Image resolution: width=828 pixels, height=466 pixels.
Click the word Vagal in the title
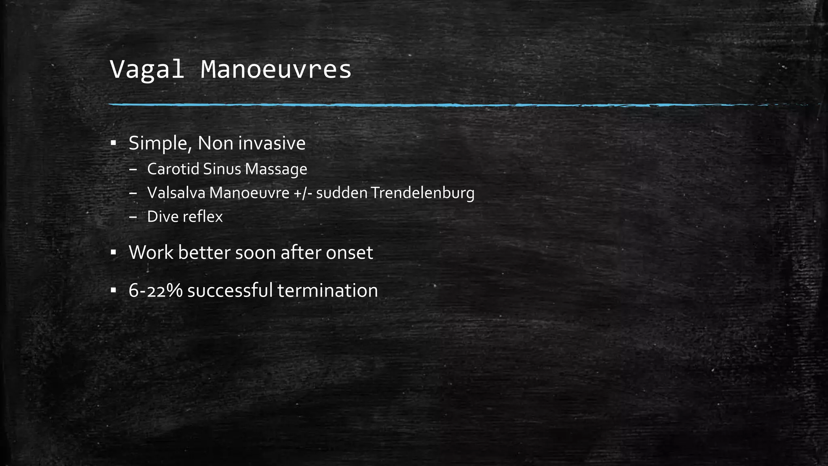pos(147,70)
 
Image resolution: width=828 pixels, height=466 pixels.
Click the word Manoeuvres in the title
pos(276,70)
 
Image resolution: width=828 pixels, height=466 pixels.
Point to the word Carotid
pos(173,169)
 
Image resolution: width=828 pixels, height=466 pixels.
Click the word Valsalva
pos(176,193)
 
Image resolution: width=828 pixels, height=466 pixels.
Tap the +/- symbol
pos(303,193)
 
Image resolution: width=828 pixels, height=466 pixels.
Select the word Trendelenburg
pos(422,193)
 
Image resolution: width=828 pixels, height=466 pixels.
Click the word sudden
pos(342,193)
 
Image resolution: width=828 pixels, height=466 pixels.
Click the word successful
pos(230,291)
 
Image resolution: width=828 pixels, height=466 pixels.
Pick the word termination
pos(327,291)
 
